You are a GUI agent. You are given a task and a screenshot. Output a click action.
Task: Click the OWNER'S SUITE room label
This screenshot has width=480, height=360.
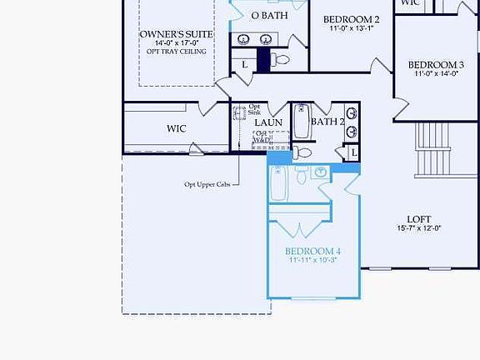coord(176,34)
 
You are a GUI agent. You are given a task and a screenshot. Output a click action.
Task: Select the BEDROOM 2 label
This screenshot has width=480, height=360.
coord(351,19)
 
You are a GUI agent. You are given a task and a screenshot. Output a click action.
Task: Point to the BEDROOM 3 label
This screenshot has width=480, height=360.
coord(436,64)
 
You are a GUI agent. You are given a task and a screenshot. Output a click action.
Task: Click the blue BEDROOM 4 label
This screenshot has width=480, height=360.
coord(312,251)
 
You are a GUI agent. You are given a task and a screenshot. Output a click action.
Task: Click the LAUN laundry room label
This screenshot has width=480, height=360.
coord(268,122)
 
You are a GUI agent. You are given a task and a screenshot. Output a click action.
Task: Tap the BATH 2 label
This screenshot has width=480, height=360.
coord(327,122)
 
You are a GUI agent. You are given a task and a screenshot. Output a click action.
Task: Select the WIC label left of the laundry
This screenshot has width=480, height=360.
coord(176,128)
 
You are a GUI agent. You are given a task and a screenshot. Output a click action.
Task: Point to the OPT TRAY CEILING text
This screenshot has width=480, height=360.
coord(176,52)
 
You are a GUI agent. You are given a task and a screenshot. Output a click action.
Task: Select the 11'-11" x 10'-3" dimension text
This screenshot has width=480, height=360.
coord(312,261)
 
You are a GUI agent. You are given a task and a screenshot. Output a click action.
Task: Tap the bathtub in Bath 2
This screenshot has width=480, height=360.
coord(302,121)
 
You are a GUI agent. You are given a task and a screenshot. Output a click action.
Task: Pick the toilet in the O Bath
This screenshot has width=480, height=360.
coord(280,59)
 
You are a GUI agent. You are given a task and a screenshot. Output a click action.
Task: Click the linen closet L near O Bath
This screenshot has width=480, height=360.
coord(244,64)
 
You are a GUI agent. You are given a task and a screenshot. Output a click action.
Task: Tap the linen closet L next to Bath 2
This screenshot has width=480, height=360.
coord(354,152)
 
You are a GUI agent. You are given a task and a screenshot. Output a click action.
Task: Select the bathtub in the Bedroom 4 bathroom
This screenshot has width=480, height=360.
coord(279,182)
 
